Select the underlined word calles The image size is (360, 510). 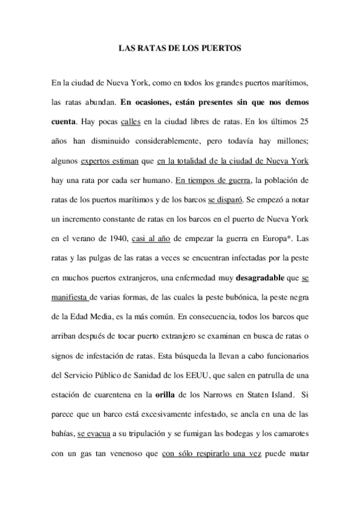click(130, 122)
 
